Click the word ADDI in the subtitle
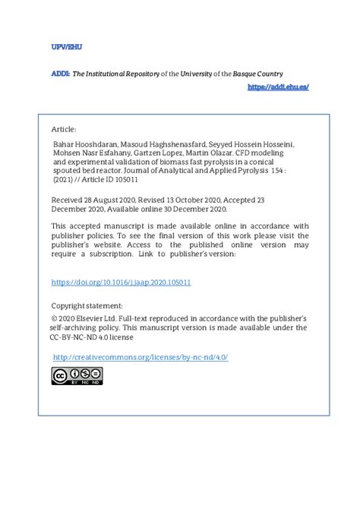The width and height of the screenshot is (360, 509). click(60, 74)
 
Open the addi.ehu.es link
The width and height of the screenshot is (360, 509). click(278, 87)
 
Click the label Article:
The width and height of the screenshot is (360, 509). click(64, 129)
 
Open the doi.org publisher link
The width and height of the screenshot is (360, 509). click(120, 282)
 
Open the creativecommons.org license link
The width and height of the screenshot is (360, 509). click(141, 356)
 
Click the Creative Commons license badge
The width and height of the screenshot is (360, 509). click(77, 375)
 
